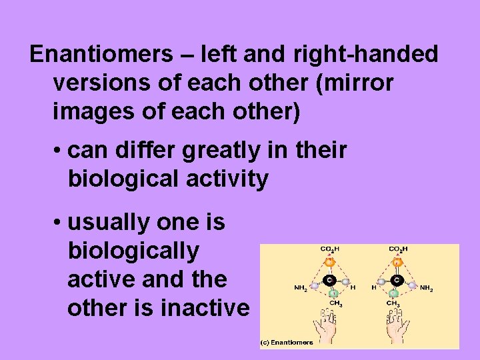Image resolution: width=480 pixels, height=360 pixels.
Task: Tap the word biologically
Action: pos(133,251)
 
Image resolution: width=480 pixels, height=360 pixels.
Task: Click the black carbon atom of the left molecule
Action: pos(329,279)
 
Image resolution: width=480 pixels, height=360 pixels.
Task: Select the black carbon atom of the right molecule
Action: pos(396,279)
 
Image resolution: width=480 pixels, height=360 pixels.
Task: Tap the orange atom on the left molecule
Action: pos(329,262)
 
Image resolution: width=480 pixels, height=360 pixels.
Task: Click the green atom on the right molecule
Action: pos(395,293)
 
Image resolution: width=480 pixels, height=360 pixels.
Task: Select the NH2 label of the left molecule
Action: pos(301,289)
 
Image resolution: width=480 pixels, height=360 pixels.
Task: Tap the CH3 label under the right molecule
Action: pos(394,304)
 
